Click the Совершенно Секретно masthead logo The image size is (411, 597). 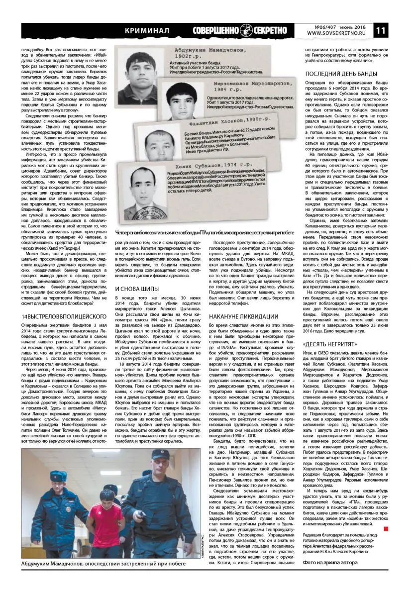240,30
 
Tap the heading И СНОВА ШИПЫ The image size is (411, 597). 137,289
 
